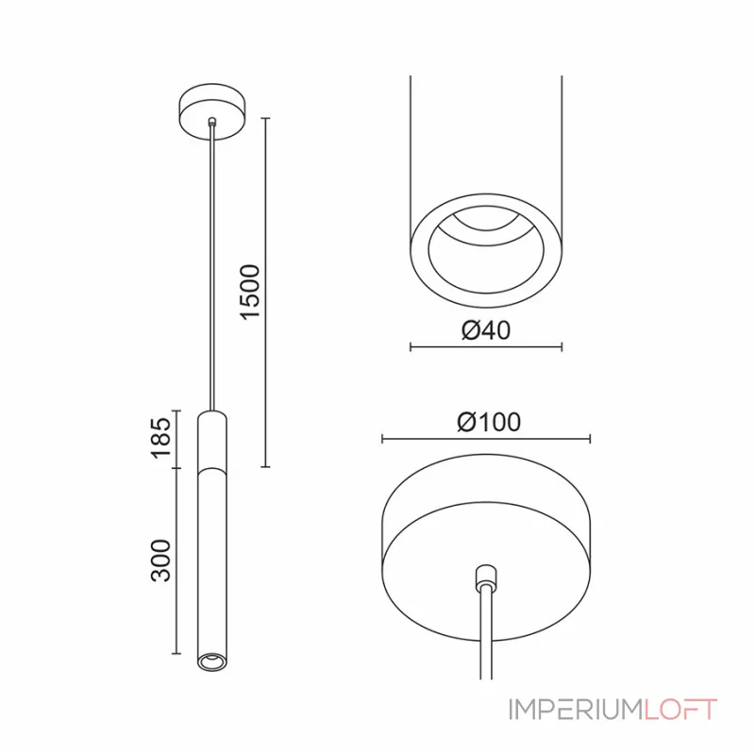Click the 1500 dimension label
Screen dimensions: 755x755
pos(250,292)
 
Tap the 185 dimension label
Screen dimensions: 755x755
pos(161,438)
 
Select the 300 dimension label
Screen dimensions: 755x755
pos(161,561)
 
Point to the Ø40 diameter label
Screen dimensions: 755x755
pos(486,330)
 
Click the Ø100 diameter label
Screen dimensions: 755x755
pos(489,422)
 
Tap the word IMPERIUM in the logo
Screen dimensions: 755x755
pos(576,710)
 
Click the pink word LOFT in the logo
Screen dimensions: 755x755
pos(680,710)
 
